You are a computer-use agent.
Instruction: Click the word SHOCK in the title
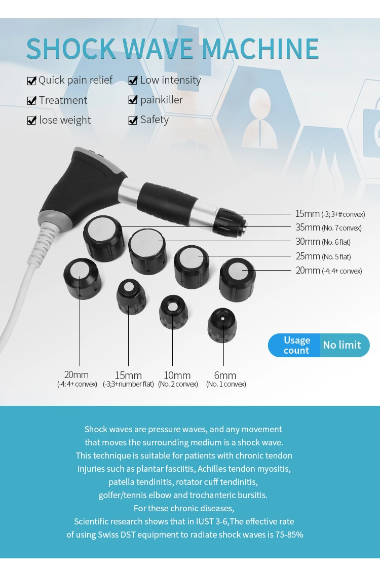tap(71, 49)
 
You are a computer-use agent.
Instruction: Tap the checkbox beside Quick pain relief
tap(32, 81)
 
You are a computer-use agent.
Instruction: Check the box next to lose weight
tap(32, 120)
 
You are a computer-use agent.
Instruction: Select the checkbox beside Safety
tap(133, 120)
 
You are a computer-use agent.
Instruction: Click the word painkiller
tap(162, 100)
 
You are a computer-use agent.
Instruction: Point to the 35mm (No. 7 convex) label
tap(328, 228)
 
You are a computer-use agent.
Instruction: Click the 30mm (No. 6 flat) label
tap(323, 242)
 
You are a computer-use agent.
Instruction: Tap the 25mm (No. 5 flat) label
tap(323, 256)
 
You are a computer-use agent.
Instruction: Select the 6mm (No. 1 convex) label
tap(226, 380)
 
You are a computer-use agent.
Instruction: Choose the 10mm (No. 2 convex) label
tap(178, 380)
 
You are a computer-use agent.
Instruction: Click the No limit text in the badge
tap(342, 345)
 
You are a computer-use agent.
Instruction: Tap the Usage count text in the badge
tap(297, 345)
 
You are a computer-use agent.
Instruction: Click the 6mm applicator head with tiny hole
tap(222, 325)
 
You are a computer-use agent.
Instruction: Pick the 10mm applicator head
tap(173, 312)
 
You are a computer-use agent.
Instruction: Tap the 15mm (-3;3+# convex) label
tap(330, 214)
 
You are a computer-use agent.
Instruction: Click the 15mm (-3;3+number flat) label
tap(128, 380)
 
